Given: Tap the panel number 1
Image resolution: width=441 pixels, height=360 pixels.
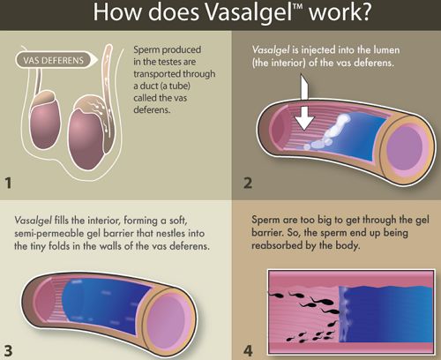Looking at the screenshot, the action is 8,183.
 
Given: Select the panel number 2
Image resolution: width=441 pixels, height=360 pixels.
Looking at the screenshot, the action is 248,183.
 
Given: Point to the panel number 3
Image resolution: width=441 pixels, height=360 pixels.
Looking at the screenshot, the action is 8,350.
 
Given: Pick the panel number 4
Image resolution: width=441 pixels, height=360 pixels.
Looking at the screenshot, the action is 248,350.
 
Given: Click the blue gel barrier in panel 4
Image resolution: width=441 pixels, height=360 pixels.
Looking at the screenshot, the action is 385,314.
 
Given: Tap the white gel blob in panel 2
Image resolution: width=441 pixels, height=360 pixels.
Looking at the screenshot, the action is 331,132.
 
